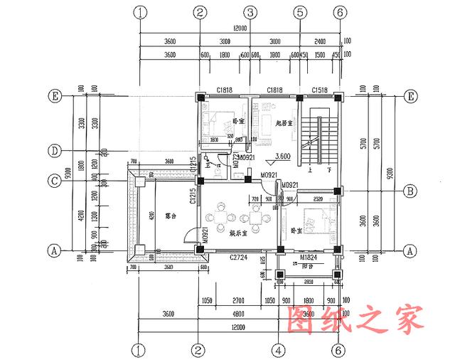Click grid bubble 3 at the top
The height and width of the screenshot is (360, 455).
click(250, 12)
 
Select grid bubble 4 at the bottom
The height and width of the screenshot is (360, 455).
click(279, 350)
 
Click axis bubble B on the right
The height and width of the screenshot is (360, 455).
click(409, 191)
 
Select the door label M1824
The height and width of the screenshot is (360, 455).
click(309, 256)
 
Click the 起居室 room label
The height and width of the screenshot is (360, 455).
click(285, 122)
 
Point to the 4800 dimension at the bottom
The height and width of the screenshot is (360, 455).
click(240, 313)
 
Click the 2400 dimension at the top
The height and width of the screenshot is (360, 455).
click(319, 41)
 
